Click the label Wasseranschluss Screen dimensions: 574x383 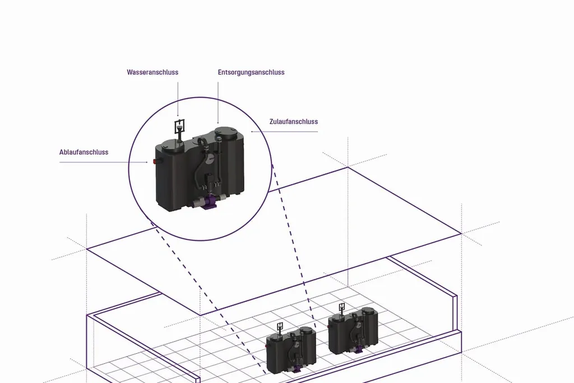pyautogui.click(x=152, y=72)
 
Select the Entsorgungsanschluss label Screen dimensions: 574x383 pyautogui.click(x=251, y=72)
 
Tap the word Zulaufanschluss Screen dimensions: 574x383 pyautogui.click(x=294, y=122)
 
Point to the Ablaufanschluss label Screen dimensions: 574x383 pyautogui.click(x=84, y=152)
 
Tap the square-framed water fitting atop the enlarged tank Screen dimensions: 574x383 pyautogui.click(x=179, y=126)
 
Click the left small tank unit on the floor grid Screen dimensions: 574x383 pyautogui.click(x=291, y=350)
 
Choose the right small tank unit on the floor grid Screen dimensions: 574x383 pyautogui.click(x=353, y=330)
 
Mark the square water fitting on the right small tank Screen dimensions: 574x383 pyautogui.click(x=342, y=307)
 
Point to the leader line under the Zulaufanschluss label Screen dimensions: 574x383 pyautogui.click(x=284, y=131)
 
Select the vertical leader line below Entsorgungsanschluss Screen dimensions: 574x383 pyautogui.click(x=218, y=103)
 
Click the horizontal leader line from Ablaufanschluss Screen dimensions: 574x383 pyautogui.click(x=104, y=162)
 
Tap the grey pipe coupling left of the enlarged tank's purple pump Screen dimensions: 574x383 pyautogui.click(x=198, y=202)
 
